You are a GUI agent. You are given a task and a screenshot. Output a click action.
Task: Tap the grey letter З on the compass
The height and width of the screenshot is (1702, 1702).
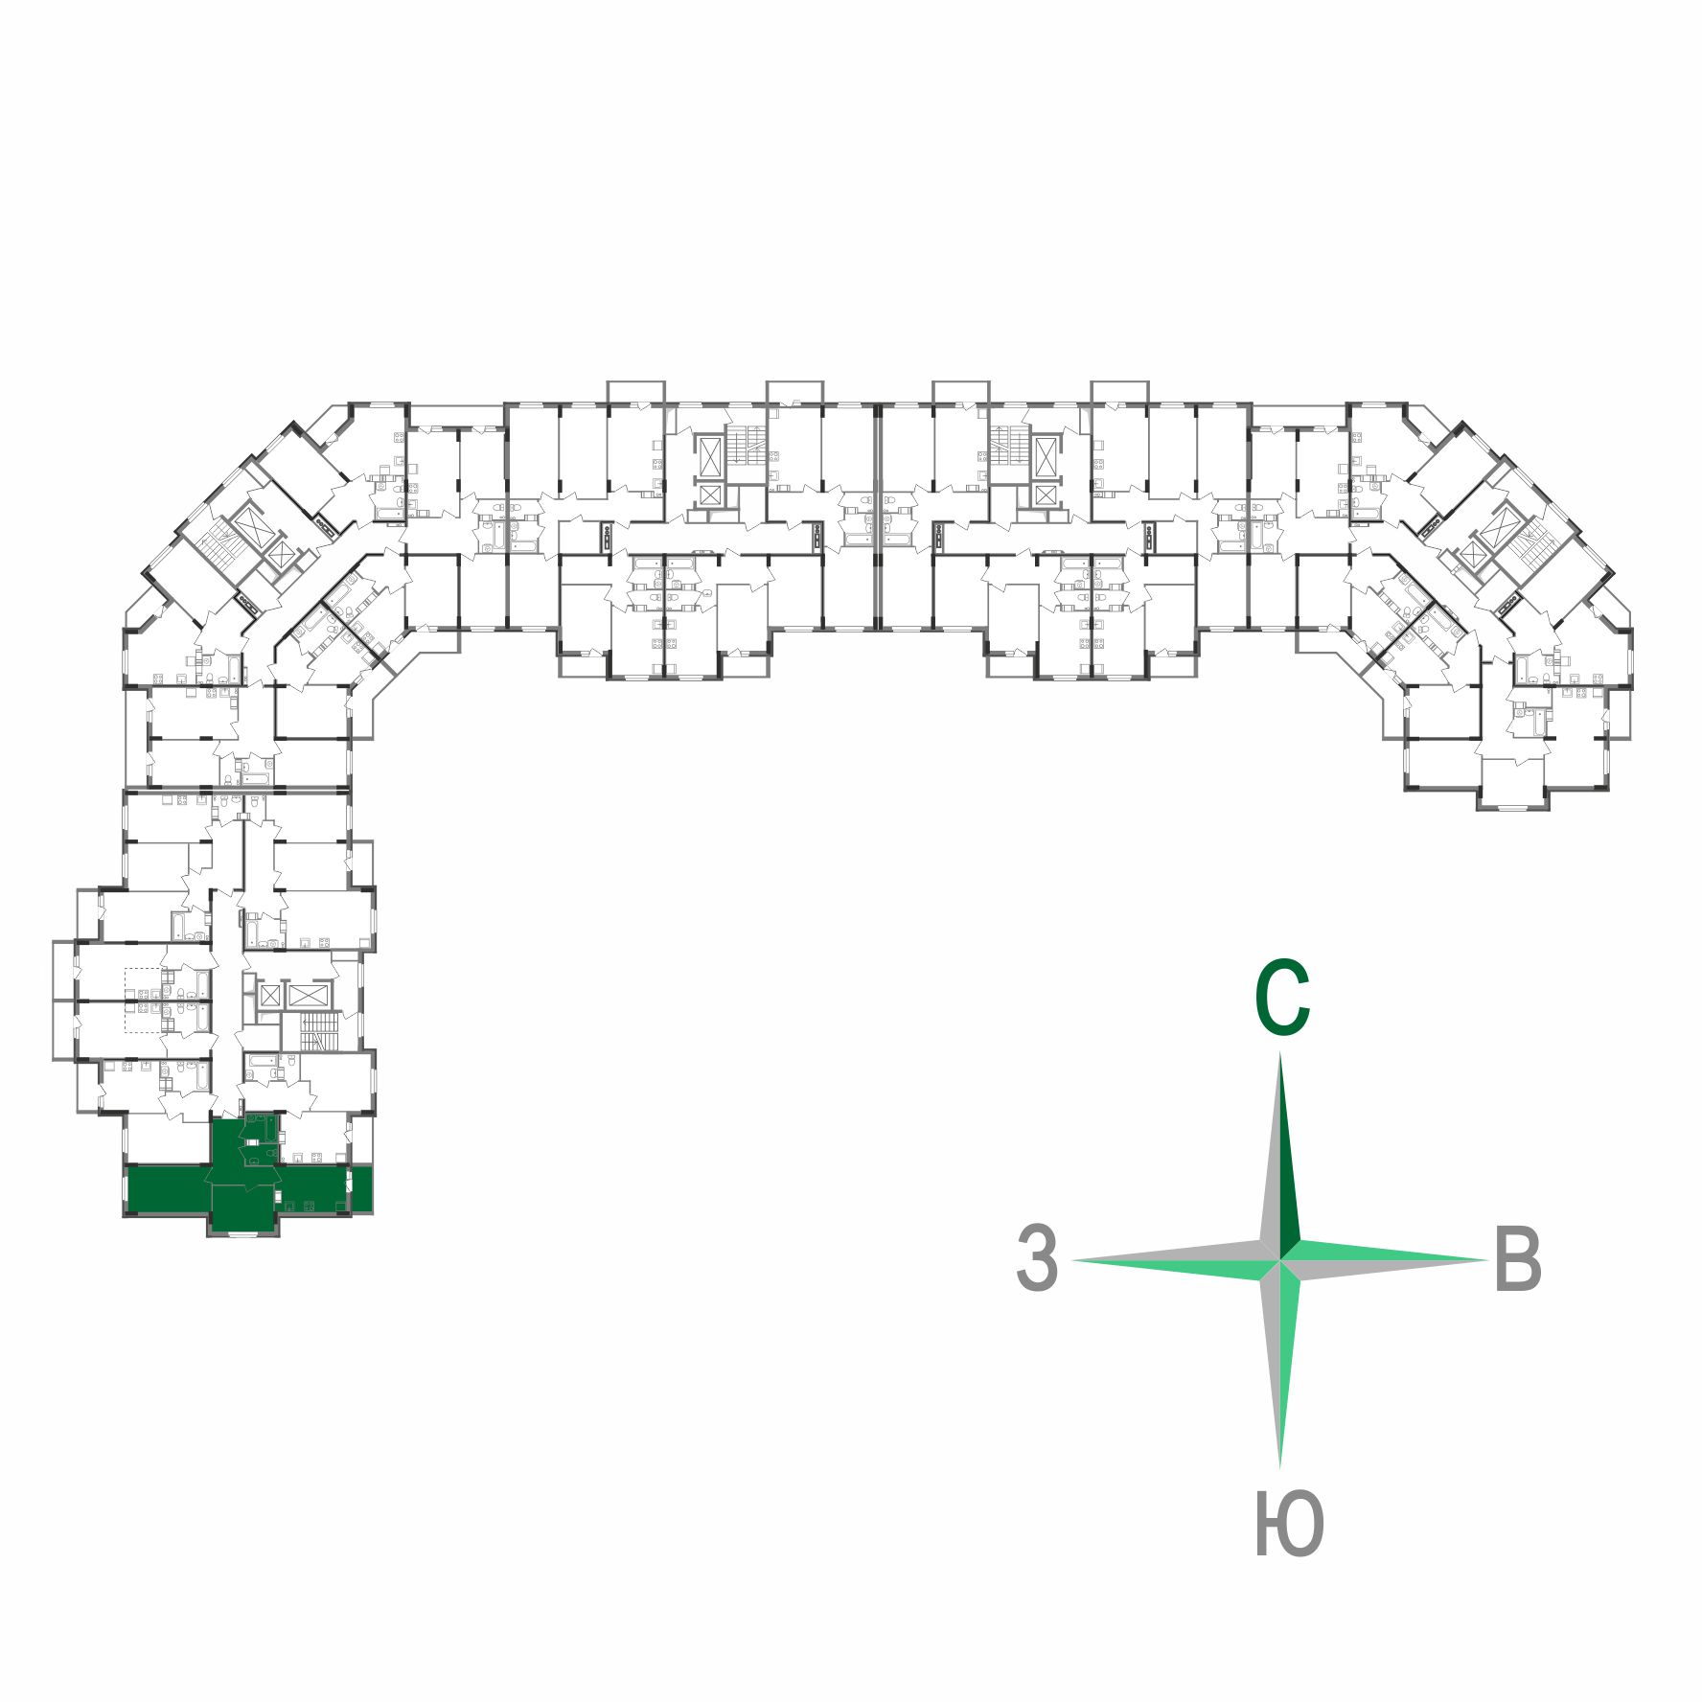point(1037,1257)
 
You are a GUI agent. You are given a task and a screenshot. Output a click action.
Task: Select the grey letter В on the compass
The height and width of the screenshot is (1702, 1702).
point(1517,1258)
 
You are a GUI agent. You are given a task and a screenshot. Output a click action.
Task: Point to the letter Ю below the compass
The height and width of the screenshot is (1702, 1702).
point(1288,1525)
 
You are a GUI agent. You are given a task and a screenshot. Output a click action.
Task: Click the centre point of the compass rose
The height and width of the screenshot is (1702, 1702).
point(1281,1260)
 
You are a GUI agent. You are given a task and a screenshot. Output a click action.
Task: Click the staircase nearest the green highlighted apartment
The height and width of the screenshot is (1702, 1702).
point(320,1033)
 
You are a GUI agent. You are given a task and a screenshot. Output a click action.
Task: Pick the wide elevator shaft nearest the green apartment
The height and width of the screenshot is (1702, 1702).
point(306,995)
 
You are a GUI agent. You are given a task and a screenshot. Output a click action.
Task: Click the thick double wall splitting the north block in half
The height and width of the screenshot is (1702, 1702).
point(877,517)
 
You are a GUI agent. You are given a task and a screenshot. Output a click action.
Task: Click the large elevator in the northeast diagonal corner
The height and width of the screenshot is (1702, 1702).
point(1496,522)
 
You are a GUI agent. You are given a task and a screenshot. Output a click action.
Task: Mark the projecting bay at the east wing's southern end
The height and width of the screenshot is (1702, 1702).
point(1513,784)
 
